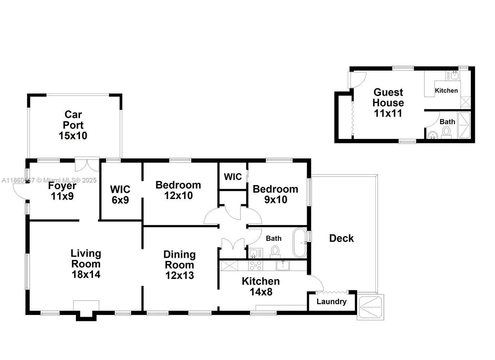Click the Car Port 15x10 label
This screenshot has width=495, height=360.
tap(73, 125)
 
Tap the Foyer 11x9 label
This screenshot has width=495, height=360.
tap(62, 191)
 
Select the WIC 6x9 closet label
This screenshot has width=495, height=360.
tap(120, 194)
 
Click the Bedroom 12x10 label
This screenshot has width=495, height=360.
tap(178, 190)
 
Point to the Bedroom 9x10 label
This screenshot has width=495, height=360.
tap(275, 194)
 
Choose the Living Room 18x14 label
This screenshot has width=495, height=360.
tap(86, 264)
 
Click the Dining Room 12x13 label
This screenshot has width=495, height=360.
tap(179, 265)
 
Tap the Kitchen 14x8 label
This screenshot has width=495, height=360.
tap(261, 286)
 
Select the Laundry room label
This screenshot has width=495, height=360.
tap(332, 302)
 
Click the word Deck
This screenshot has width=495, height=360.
tap(341, 238)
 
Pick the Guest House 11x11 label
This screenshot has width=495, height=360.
tap(388, 103)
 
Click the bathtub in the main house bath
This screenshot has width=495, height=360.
tap(300, 243)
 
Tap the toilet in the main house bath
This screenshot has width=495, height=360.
tap(275, 251)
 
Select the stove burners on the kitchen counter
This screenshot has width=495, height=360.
tap(256, 265)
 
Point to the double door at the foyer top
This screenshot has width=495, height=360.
tap(87, 165)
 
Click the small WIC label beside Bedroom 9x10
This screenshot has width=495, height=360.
tap(233, 177)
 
